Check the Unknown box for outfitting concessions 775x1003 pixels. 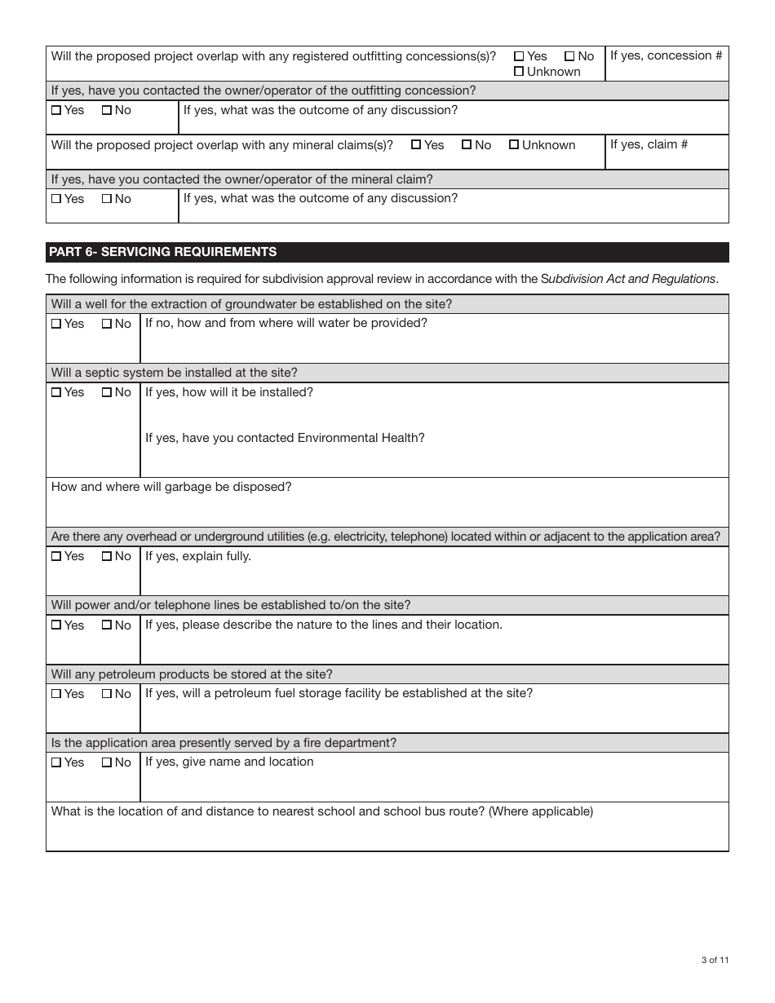tap(519, 72)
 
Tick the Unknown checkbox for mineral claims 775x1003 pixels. tap(514, 145)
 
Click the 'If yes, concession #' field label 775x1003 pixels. tap(666, 55)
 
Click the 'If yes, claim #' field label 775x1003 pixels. tap(649, 144)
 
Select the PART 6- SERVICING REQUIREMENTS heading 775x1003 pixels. tap(163, 252)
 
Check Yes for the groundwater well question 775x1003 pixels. tap(56, 324)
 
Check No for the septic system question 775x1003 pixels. tap(107, 393)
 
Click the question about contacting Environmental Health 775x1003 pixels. tap(285, 438)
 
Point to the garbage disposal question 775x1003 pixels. tap(171, 487)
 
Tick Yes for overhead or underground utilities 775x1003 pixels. tap(56, 557)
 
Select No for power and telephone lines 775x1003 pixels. tap(107, 625)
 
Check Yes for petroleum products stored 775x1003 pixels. tap(56, 694)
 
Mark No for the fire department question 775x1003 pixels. tap(107, 763)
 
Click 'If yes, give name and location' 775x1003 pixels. tap(229, 762)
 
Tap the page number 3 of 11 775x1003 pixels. tap(715, 960)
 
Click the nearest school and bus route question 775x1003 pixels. tap(322, 811)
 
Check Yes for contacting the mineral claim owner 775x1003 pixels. tap(56, 199)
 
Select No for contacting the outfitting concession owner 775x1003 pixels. tap(107, 110)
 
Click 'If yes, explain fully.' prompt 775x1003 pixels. tap(198, 556)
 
